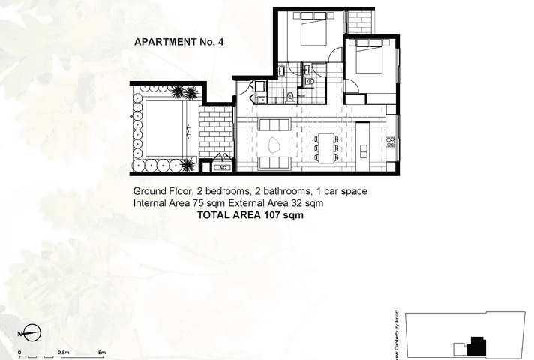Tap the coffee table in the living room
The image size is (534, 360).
pyautogui.click(x=272, y=144)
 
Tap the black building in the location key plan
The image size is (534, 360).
pyautogui.click(x=475, y=345)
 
